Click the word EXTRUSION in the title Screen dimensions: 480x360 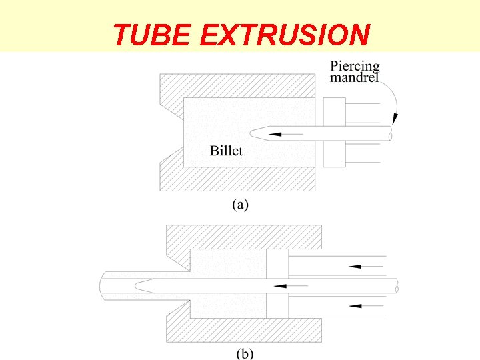tap(285, 35)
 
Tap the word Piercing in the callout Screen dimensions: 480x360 tap(355, 67)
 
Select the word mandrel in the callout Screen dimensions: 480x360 tap(355, 77)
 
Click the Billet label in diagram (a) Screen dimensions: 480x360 tap(227, 151)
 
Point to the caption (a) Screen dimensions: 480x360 tap(240, 205)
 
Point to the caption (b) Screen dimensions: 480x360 tap(244, 353)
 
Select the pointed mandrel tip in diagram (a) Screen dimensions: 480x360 tap(257, 134)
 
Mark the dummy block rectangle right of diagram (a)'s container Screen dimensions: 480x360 tap(334, 132)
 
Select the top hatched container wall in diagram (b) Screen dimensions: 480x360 tap(244, 237)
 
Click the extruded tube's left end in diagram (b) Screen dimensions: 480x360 tap(104, 286)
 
